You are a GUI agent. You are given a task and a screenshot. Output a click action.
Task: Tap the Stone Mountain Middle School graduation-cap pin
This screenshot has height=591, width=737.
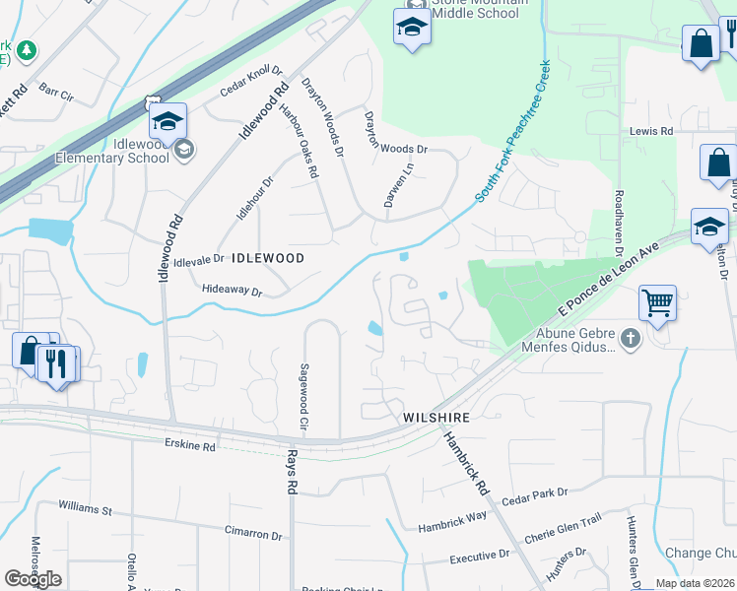click(412, 30)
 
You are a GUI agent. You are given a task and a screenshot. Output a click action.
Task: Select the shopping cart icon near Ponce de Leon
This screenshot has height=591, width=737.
click(657, 302)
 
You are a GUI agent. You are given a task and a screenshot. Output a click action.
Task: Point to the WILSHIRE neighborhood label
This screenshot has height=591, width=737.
click(435, 418)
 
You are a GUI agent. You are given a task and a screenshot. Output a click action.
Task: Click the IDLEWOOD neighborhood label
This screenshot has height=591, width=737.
click(267, 258)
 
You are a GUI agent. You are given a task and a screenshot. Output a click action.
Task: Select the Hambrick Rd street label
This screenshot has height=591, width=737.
click(465, 462)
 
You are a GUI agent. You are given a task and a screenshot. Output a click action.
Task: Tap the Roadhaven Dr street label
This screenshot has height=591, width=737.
click(619, 226)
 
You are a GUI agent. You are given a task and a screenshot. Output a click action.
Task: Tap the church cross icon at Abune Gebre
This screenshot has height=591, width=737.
click(631, 339)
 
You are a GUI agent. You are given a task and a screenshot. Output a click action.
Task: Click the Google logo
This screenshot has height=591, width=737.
click(33, 579)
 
